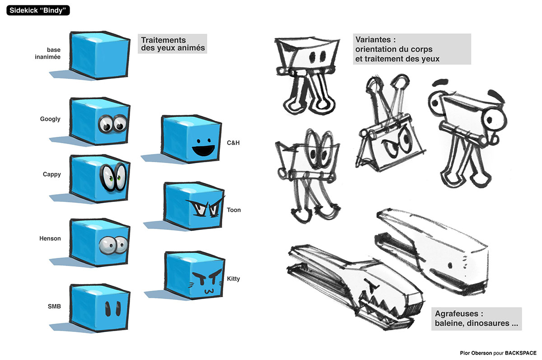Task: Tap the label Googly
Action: pos(50,119)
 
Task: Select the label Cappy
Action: pos(51,174)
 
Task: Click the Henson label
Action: pos(51,238)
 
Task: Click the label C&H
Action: pos(233,143)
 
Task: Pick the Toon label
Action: pos(234,210)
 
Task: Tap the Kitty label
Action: pos(234,279)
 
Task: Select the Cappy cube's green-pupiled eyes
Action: pos(113,177)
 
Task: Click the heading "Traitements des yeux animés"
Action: pos(172,44)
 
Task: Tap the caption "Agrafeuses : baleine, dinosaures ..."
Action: pos(476,319)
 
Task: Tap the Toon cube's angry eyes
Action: pos(206,208)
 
